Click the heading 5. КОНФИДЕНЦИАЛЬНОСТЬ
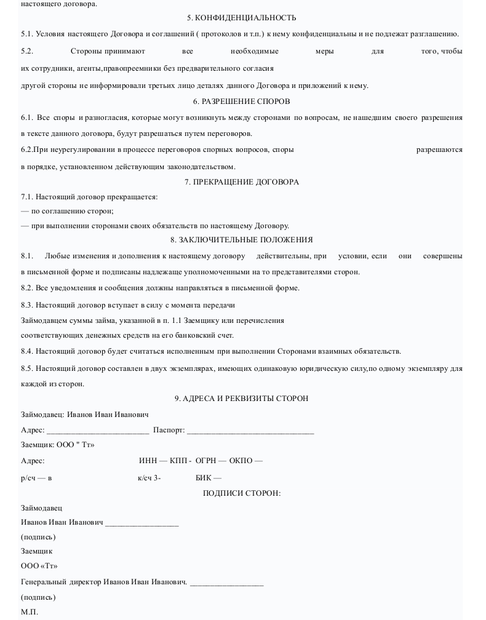(x=241, y=18)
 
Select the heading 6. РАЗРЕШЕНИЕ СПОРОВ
(x=241, y=101)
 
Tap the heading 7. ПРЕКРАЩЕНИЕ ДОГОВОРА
(x=241, y=181)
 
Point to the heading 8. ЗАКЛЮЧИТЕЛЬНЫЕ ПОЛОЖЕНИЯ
(x=241, y=240)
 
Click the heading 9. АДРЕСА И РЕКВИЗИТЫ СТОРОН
(x=241, y=399)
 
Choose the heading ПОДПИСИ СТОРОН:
(x=241, y=493)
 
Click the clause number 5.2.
(x=26, y=51)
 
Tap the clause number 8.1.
(x=26, y=256)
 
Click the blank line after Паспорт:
(x=250, y=431)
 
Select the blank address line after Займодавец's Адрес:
(x=98, y=431)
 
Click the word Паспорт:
(x=169, y=430)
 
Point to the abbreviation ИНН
(x=148, y=461)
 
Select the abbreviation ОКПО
(x=241, y=461)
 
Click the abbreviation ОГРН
(x=205, y=461)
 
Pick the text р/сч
(x=28, y=478)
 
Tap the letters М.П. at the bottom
(x=29, y=612)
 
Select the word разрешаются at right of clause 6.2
(x=439, y=149)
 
